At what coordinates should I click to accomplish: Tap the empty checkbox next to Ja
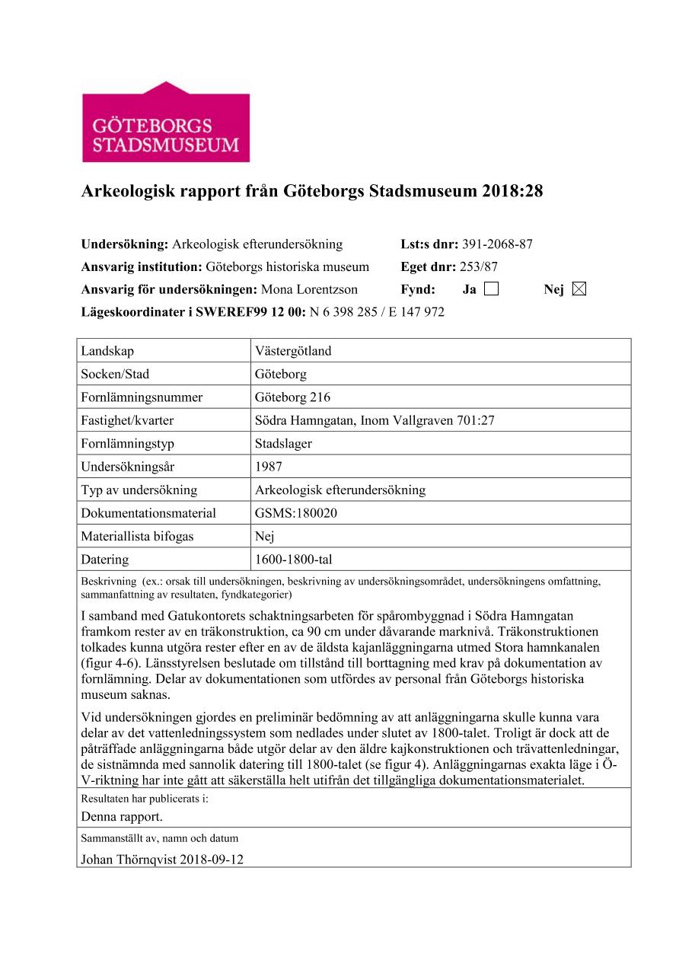click(491, 289)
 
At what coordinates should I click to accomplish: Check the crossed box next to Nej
click(579, 289)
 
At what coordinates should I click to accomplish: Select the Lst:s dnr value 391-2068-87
click(497, 244)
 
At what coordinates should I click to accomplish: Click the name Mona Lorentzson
click(309, 289)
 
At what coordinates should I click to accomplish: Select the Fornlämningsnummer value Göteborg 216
click(292, 397)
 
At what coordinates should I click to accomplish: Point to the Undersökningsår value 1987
click(269, 467)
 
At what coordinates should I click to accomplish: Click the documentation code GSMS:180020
click(296, 513)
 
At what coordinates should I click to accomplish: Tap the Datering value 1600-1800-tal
click(293, 560)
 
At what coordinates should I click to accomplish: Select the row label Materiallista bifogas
click(137, 536)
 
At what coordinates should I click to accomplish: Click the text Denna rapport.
click(122, 817)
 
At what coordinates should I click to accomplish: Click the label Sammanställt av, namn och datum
click(159, 838)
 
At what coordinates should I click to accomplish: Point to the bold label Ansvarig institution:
click(142, 266)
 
